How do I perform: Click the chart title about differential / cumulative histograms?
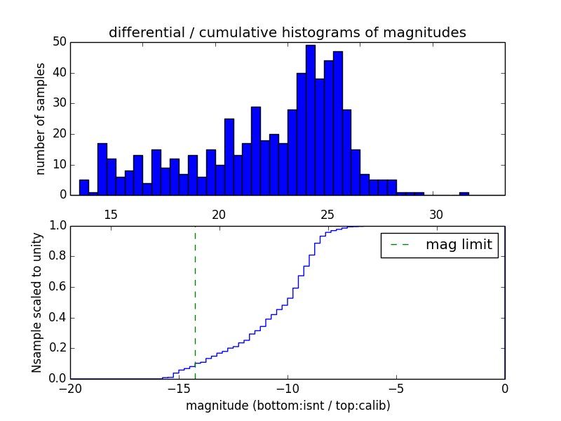[287, 32]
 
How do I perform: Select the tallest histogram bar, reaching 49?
[310, 119]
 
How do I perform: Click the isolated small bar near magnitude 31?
[464, 193]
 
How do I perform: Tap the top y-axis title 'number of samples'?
[41, 119]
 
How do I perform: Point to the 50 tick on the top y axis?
[59, 42]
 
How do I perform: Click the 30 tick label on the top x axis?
[436, 214]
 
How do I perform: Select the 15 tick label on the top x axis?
[110, 214]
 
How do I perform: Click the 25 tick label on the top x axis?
[327, 214]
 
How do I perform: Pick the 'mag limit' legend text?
[459, 245]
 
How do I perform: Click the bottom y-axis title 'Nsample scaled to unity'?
[37, 302]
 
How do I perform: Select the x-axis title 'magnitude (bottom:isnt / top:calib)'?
[288, 406]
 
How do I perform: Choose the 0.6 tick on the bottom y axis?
[57, 287]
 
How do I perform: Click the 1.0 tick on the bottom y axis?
[57, 226]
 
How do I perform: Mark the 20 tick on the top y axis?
[59, 134]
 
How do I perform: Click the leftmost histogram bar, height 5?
[84, 187]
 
